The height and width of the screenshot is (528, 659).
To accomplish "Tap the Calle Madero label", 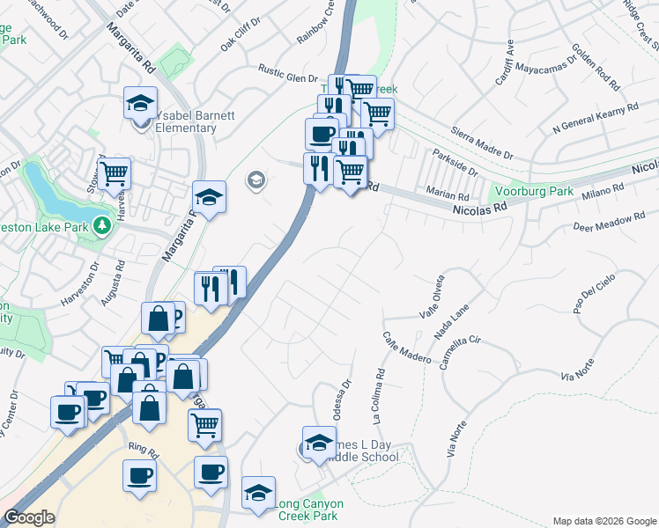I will (x=406, y=348).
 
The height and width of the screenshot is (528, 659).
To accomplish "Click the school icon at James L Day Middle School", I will (x=319, y=443).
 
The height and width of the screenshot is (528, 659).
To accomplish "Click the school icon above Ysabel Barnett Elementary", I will (x=140, y=103).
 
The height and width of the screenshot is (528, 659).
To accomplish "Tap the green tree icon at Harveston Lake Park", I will (x=103, y=226).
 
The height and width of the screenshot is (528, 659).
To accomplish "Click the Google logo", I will (x=29, y=517).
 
